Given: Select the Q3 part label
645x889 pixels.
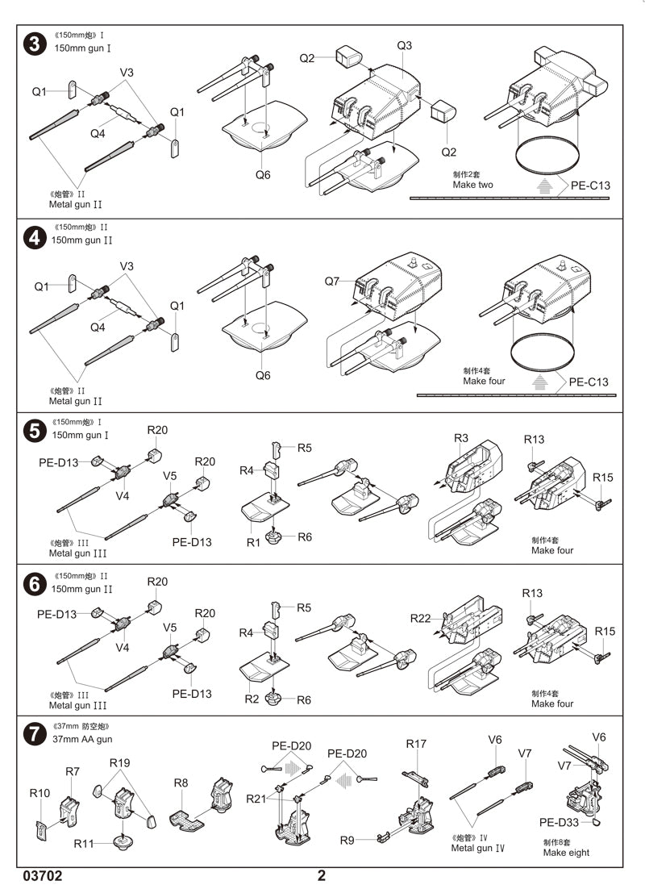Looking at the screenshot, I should pyautogui.click(x=405, y=45).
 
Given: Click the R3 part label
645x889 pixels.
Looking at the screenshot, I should pyautogui.click(x=461, y=438).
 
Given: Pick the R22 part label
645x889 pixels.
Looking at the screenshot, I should pyautogui.click(x=421, y=618).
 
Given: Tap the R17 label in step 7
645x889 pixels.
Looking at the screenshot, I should pyautogui.click(x=416, y=743).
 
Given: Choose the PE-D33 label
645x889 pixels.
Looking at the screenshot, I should pyautogui.click(x=559, y=822).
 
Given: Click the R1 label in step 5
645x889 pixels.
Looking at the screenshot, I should pyautogui.click(x=254, y=543).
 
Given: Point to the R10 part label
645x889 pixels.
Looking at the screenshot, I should pyautogui.click(x=40, y=793).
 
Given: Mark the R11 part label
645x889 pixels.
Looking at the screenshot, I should pyautogui.click(x=84, y=844).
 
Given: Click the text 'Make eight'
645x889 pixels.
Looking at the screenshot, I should pyautogui.click(x=566, y=853).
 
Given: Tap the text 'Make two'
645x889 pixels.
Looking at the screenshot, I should pyautogui.click(x=473, y=185).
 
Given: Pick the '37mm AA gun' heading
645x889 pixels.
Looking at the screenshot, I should pyautogui.click(x=83, y=738).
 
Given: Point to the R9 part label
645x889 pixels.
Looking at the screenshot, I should pyautogui.click(x=347, y=840).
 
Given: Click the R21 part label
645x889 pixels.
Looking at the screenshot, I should pyautogui.click(x=256, y=799).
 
